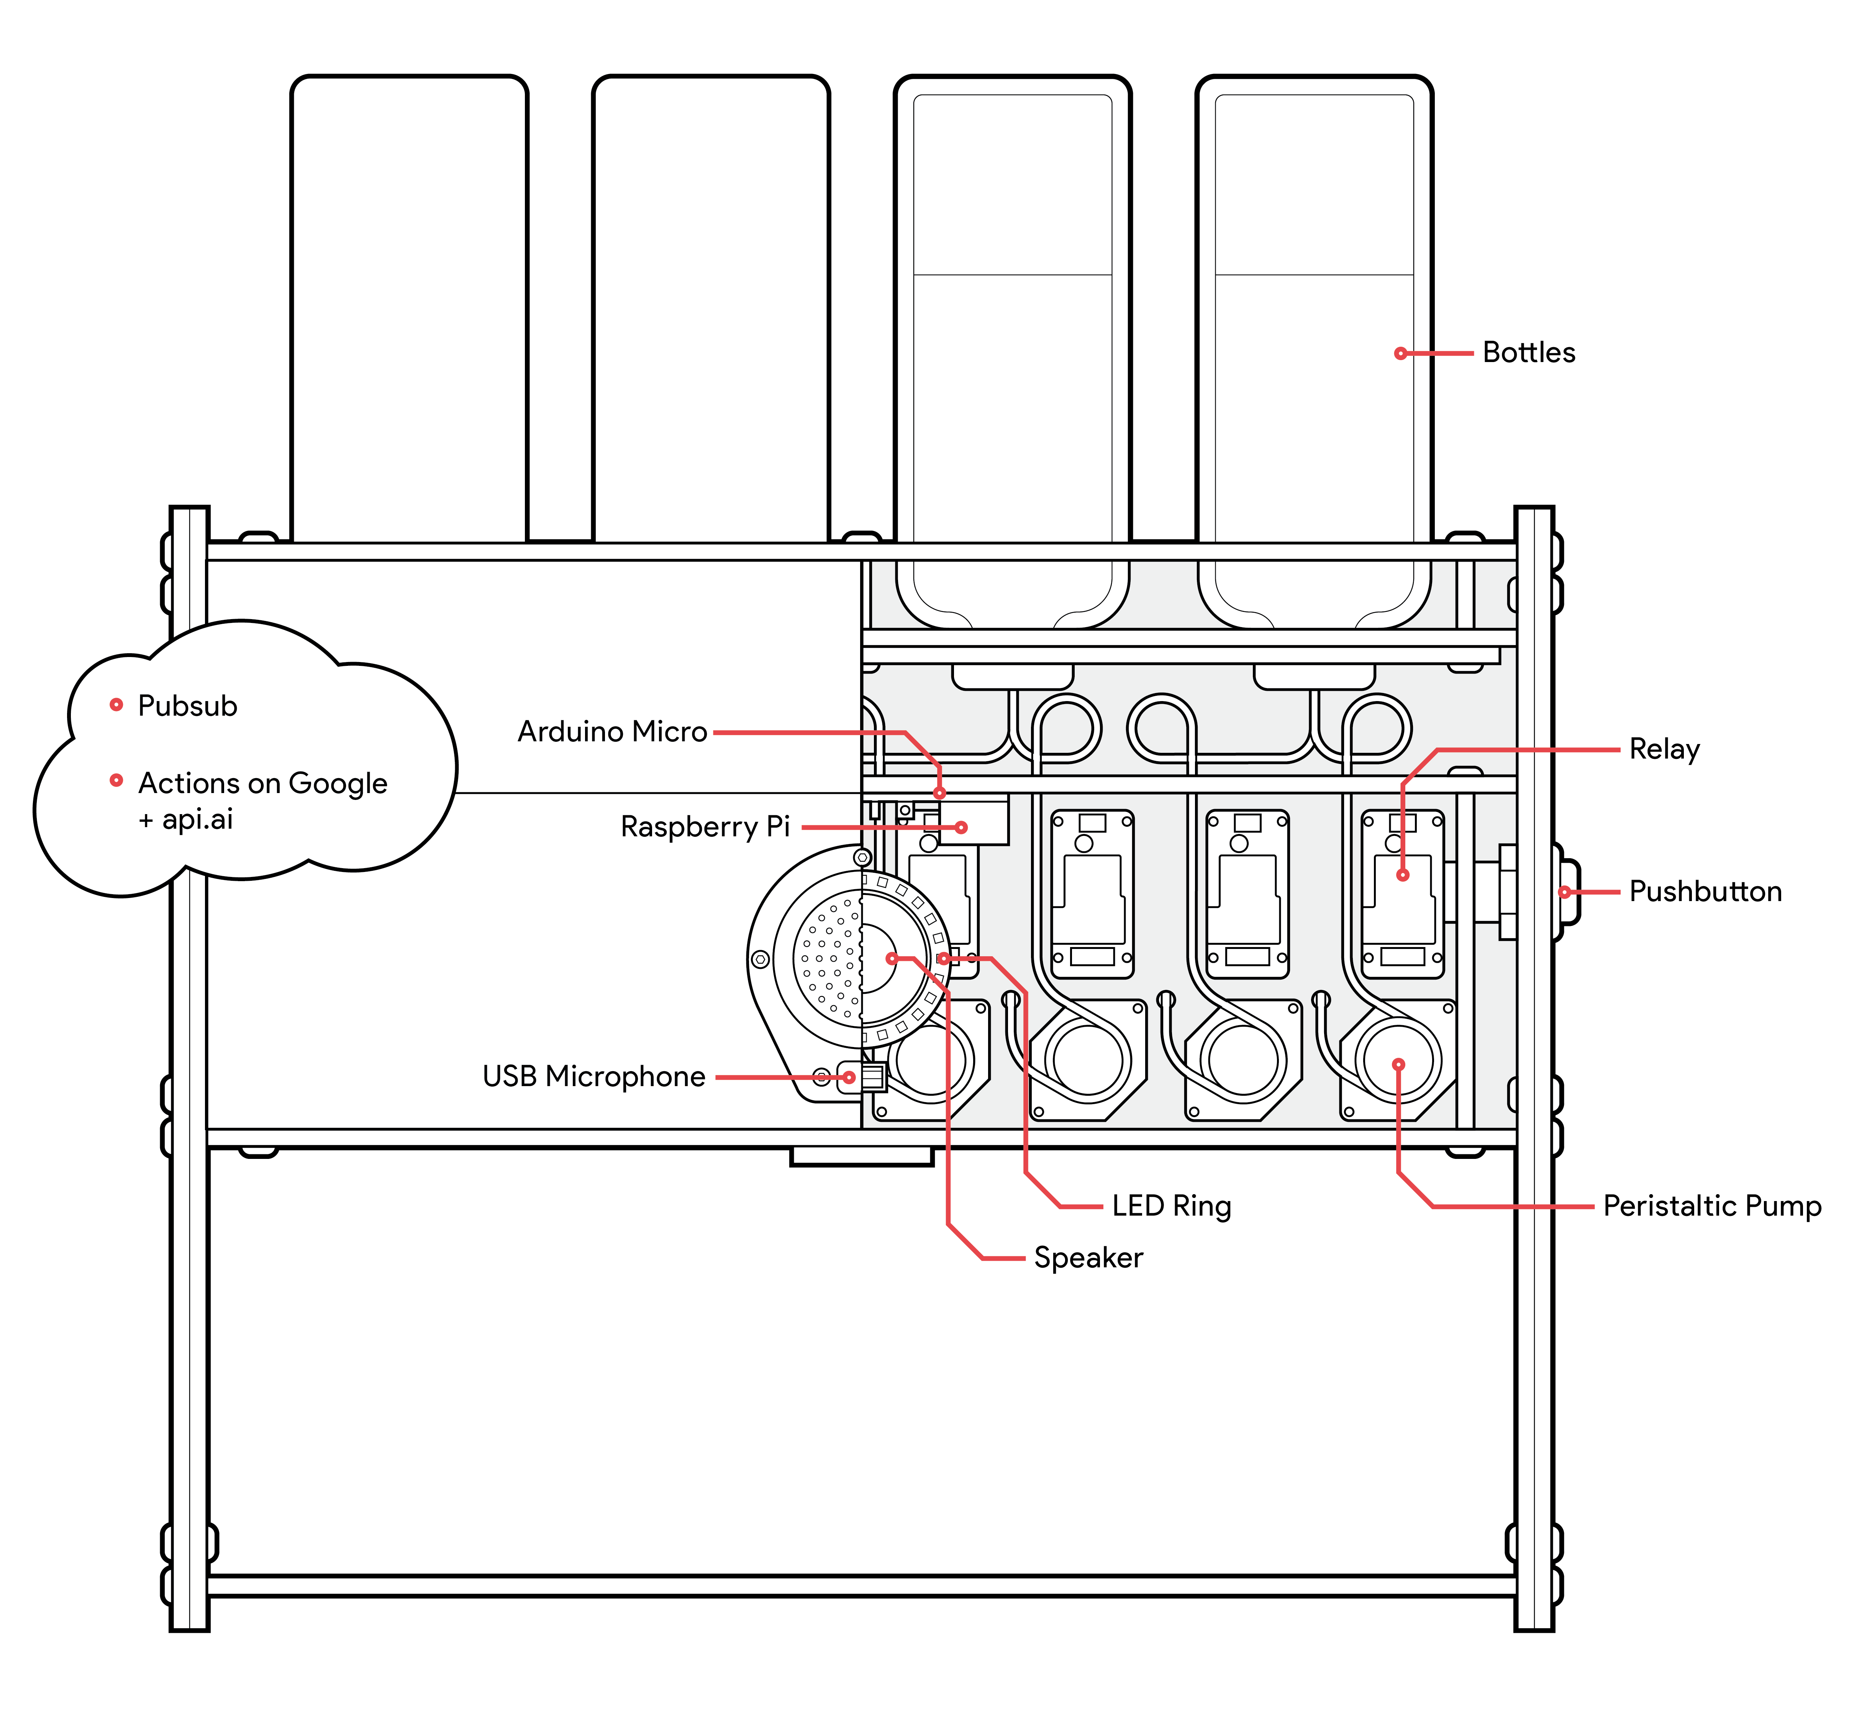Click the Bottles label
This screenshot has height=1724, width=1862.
[1528, 352]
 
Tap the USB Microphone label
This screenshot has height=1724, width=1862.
[593, 1077]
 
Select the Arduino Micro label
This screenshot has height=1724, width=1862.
[612, 731]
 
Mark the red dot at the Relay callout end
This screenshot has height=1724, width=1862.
[1402, 875]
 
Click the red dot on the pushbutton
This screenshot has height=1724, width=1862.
[1564, 892]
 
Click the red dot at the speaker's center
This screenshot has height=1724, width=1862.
[892, 958]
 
